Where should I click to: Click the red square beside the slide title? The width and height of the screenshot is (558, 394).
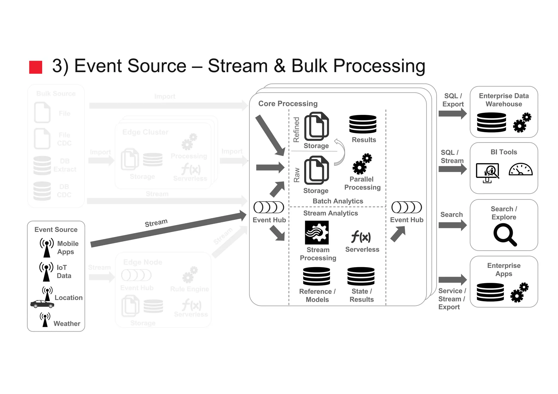coord(36,67)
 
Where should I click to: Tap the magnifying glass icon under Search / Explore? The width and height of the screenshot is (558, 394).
coord(505,234)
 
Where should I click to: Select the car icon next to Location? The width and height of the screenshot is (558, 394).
coord(42,304)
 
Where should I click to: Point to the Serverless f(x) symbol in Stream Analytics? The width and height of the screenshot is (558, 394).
coord(361,236)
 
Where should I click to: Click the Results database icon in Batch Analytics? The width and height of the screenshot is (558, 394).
coord(363,124)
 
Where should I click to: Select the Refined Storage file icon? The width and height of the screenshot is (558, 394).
coord(316,126)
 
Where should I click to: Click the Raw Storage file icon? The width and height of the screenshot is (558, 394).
coord(316,170)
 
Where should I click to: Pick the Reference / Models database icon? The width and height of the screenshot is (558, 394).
coord(316,276)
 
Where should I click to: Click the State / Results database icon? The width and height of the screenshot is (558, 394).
coord(361,276)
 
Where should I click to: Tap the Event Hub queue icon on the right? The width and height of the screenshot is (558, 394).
coord(407,207)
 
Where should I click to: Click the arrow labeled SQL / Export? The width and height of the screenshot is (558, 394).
coord(452,114)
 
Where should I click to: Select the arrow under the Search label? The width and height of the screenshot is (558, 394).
coord(452,225)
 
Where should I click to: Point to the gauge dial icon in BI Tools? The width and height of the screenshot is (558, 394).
coord(520,170)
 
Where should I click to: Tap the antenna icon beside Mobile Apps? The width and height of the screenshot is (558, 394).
coord(47,248)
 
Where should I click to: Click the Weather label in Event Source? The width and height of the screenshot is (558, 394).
coord(67,323)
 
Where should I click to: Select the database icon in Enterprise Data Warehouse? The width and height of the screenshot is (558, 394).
coord(491,122)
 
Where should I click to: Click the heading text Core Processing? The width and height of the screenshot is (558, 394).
coord(288,104)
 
